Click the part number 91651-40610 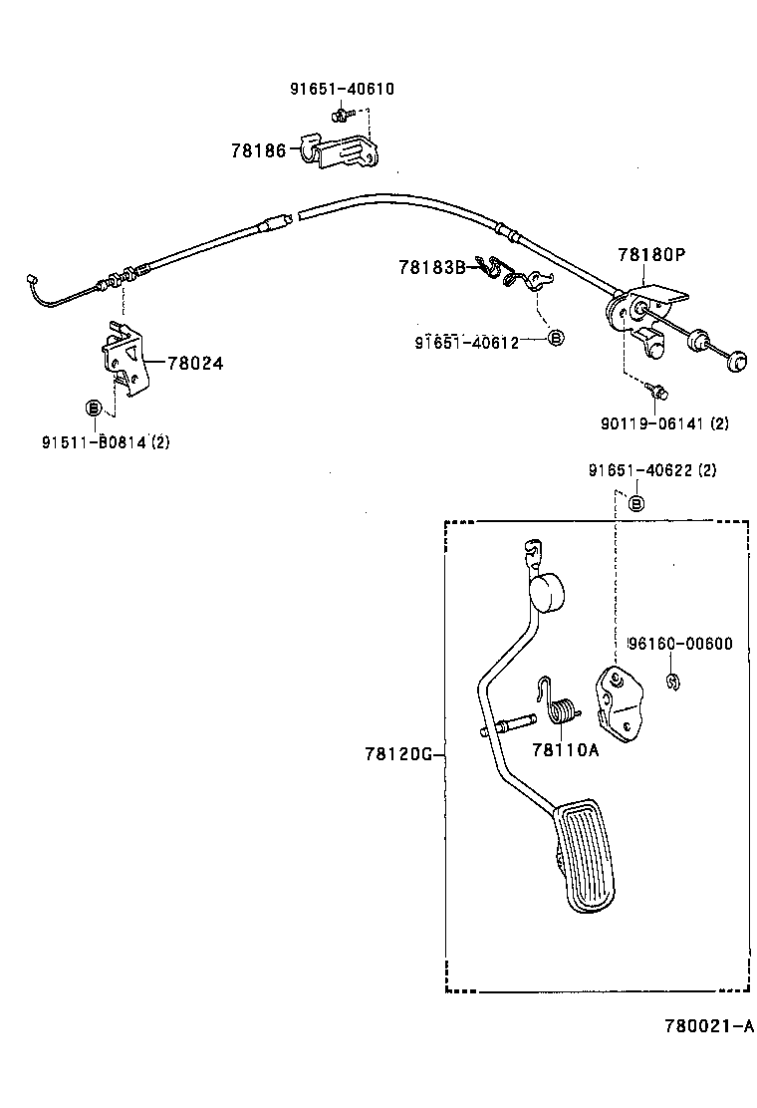click(342, 89)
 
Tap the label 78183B click(431, 267)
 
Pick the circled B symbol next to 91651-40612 click(557, 338)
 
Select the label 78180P click(650, 255)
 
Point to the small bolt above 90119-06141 click(657, 391)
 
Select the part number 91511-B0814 click(95, 441)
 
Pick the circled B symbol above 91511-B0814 click(93, 407)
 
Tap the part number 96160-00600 click(679, 644)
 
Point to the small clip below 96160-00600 click(674, 683)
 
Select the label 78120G click(396, 755)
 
